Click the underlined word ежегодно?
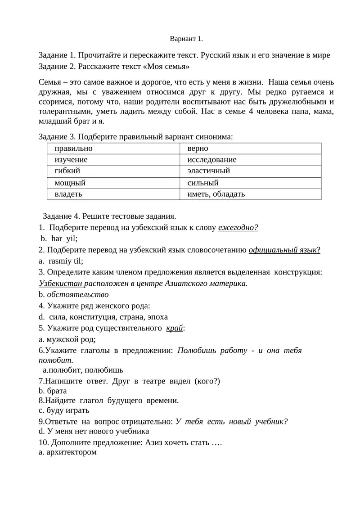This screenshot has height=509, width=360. tap(238, 227)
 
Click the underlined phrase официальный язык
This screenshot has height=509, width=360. tap(284, 250)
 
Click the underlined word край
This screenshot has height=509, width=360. tap(175, 328)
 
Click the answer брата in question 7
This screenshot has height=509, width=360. tap(56, 391)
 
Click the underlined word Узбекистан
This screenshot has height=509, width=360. tap(61, 283)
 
